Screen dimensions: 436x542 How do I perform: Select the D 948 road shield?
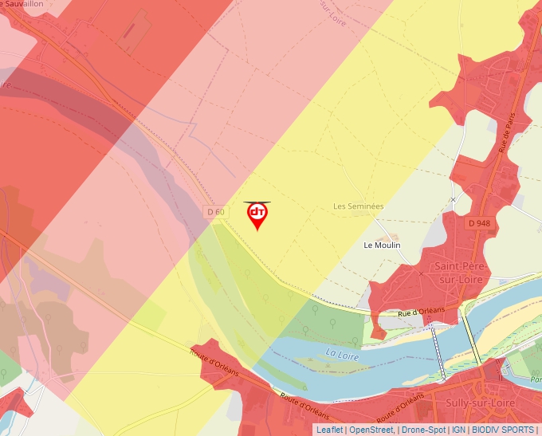pos(479,223)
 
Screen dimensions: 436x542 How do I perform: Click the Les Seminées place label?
pos(358,206)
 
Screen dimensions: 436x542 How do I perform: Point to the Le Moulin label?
pos(382,245)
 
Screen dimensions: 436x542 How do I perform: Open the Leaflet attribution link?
pos(329,430)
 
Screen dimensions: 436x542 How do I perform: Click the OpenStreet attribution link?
pos(371,430)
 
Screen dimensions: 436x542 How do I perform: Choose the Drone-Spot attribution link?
pos(423,430)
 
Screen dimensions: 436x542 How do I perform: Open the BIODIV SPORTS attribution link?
pos(503,430)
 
